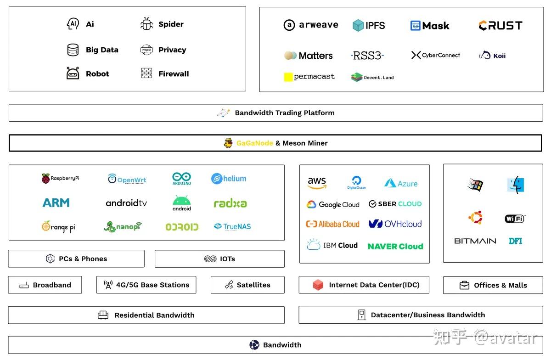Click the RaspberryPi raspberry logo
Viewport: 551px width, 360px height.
click(x=45, y=179)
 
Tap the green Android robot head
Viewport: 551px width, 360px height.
click(x=181, y=200)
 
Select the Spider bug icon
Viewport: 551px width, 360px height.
click(x=146, y=24)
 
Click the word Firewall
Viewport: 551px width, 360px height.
click(x=174, y=73)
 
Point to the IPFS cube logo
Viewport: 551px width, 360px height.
click(x=358, y=25)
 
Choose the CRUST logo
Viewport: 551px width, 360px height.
click(x=500, y=25)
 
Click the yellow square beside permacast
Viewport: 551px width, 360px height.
click(x=288, y=77)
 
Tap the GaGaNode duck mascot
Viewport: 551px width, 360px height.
click(x=228, y=143)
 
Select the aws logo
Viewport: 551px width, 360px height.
click(x=317, y=183)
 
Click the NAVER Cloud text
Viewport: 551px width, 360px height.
click(x=395, y=246)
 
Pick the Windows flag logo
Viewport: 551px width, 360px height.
click(x=475, y=185)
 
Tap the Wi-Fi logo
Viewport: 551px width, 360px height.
click(x=515, y=219)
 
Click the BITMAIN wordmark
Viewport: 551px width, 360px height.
click(x=475, y=241)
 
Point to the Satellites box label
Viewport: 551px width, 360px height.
click(x=253, y=285)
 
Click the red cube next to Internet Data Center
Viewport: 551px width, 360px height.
click(x=318, y=285)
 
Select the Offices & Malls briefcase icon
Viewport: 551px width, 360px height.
click(x=464, y=285)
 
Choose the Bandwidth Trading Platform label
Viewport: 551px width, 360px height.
click(x=285, y=112)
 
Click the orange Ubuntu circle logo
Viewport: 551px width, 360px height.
click(x=475, y=218)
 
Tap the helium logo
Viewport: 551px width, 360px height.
click(x=229, y=179)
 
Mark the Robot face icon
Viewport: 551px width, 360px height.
click(x=73, y=73)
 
